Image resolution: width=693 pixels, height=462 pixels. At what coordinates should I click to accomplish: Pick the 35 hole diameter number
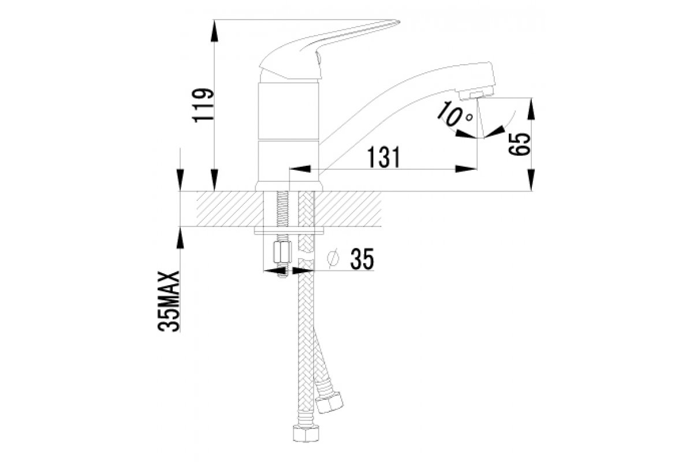361,260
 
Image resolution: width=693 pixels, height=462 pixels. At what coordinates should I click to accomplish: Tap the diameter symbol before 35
332,260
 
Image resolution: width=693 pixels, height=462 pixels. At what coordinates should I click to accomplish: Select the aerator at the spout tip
477,92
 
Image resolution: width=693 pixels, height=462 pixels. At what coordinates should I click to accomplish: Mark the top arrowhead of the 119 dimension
215,29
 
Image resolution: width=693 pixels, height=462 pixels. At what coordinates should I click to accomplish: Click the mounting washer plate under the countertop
289,232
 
